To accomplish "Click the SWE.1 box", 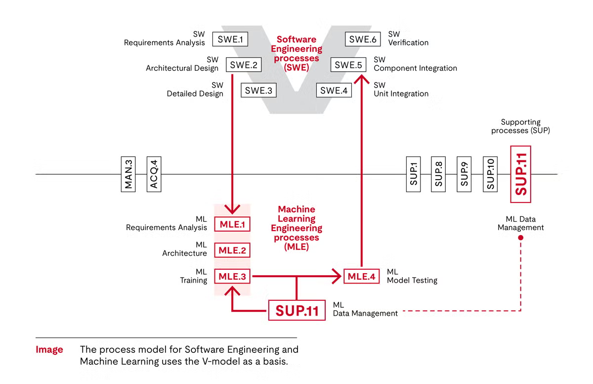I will point(230,39).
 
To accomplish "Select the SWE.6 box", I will point(363,39).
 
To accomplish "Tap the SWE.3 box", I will point(258,91).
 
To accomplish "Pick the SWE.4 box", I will point(334,91).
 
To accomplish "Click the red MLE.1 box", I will point(232,224).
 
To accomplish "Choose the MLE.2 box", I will point(232,250).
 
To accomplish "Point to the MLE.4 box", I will point(362,276).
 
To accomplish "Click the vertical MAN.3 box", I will point(128,174).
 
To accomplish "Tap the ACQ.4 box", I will point(154,174).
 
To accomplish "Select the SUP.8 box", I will point(439,174).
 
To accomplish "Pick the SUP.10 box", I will point(491,174).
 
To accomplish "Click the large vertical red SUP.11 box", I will point(520,174).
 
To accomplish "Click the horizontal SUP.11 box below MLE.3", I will point(297,310).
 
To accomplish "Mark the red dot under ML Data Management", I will point(520,238).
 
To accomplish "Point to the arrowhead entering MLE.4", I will point(339,276).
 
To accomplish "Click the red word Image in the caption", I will point(49,350).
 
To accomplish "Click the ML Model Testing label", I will point(412,276).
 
